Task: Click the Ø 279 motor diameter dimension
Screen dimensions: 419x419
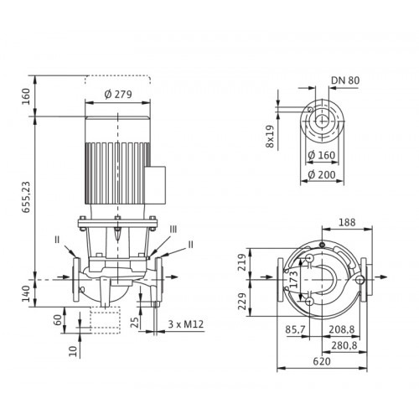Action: click(118, 95)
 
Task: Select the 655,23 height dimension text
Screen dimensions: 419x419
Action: click(26, 197)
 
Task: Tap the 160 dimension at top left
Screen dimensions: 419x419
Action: click(26, 96)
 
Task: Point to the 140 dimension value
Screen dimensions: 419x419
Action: click(26, 293)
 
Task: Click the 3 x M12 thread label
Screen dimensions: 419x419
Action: click(186, 324)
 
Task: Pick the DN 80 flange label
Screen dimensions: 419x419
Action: click(345, 80)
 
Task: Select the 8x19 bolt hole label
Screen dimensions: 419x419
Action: click(270, 137)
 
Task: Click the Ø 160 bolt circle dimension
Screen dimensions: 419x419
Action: click(321, 155)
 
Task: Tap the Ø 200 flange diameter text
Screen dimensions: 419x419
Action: click(322, 175)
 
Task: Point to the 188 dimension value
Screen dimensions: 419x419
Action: click(347, 223)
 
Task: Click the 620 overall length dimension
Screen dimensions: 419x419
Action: click(322, 361)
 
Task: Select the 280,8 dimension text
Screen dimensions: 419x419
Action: click(344, 346)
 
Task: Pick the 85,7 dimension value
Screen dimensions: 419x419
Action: click(295, 329)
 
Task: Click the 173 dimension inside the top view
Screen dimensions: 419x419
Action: click(293, 280)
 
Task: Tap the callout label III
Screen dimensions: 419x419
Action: click(173, 230)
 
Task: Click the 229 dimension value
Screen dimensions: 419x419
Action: click(242, 302)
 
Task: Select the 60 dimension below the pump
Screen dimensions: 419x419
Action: click(57, 320)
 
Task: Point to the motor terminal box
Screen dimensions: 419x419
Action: click(156, 184)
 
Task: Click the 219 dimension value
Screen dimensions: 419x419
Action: click(242, 262)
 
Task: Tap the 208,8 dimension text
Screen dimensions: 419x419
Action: click(341, 329)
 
